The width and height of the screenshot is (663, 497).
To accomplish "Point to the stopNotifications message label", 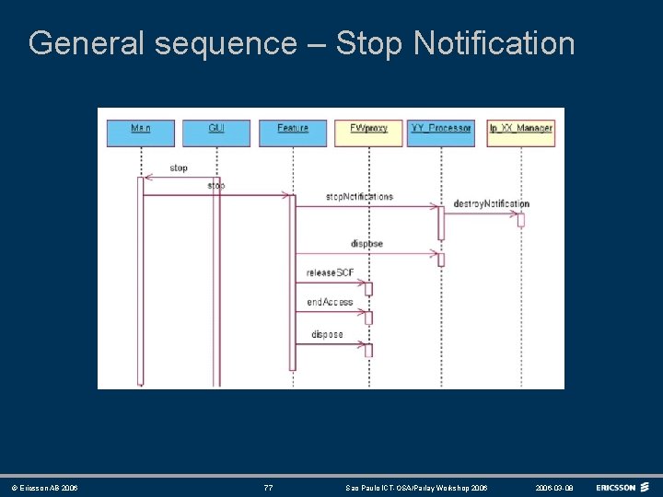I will point(359,197).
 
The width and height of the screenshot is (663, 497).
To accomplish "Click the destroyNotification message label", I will point(491,204).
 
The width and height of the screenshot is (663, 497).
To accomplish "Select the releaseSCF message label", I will point(331,272).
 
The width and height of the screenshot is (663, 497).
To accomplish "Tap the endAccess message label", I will point(330,302).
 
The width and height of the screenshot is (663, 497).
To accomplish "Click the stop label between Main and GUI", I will point(179,168).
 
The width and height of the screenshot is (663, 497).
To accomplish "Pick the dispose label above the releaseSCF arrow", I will point(366,244).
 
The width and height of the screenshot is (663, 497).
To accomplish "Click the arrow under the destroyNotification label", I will point(481,214).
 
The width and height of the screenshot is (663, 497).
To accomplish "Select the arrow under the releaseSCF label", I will point(331,283).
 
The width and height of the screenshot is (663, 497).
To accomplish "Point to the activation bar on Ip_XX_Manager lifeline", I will point(521,219).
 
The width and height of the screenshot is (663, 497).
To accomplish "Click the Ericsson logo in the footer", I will point(622,487).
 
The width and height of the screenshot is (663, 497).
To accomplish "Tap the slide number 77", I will point(268,488).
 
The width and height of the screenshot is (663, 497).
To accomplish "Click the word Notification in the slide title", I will point(494,43).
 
